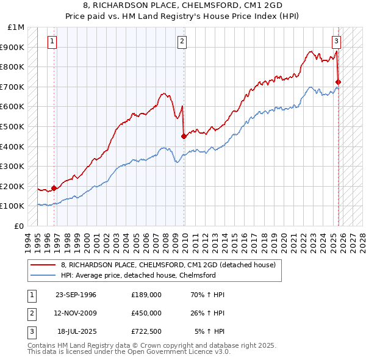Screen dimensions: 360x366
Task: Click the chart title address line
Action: point(183,5)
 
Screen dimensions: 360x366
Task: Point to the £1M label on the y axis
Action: point(16,27)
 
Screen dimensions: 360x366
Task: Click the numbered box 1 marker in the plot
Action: point(52,41)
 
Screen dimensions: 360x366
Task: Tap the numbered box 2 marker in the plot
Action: point(182,41)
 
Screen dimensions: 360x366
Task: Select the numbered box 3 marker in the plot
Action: point(336,41)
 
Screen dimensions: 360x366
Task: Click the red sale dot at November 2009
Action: point(184,136)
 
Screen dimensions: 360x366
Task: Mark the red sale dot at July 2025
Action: point(339,82)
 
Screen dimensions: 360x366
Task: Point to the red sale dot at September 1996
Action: point(54,188)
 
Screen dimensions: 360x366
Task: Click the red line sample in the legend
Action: point(44,265)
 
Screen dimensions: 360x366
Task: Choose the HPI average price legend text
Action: point(138,275)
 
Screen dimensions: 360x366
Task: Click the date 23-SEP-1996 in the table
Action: point(76,295)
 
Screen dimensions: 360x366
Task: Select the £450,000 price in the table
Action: point(146,313)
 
